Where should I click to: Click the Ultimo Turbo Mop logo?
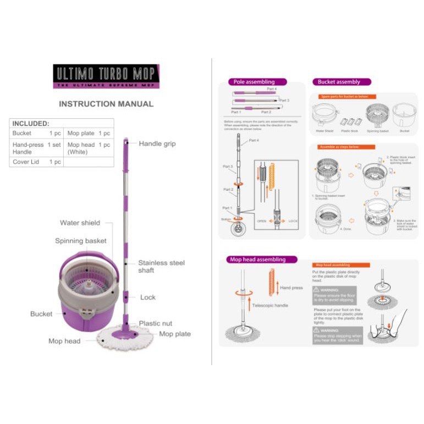(106, 76)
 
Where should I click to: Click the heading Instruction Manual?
(106, 104)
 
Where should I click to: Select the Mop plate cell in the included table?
(81, 134)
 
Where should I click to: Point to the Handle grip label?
(157, 144)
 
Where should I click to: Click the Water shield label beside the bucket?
(80, 223)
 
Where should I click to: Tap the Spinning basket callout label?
(81, 241)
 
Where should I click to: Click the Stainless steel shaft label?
(161, 266)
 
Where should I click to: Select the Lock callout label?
(148, 297)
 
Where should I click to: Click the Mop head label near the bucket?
(64, 341)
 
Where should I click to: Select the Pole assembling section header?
(254, 82)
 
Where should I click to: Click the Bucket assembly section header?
(339, 82)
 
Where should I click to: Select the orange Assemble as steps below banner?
(346, 147)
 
